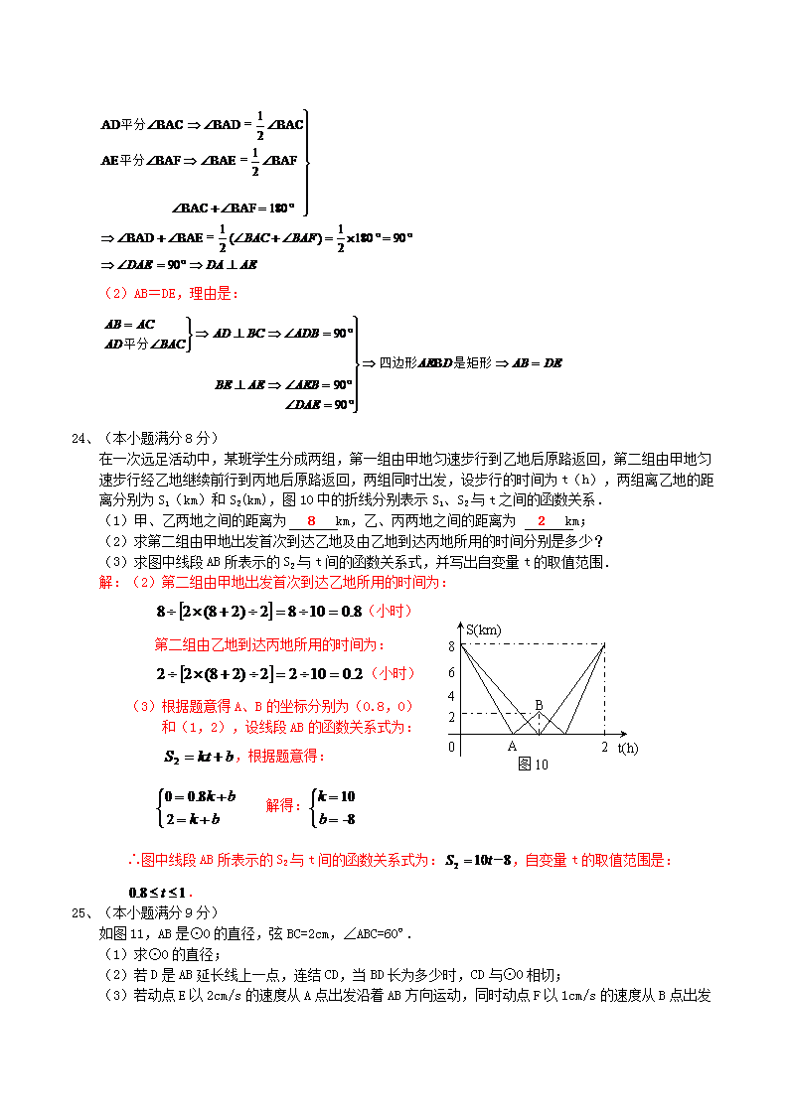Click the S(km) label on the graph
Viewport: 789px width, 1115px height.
(483, 629)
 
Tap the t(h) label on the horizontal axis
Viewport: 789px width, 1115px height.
(628, 747)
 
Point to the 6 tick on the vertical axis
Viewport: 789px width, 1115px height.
(451, 672)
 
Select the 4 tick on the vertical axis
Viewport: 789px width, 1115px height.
(451, 696)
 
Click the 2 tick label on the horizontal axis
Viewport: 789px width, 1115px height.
(604, 747)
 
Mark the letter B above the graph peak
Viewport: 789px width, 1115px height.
(539, 705)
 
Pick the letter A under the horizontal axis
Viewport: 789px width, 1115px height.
(513, 747)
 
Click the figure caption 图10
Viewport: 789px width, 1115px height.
(533, 765)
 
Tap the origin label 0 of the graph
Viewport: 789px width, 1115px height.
(452, 746)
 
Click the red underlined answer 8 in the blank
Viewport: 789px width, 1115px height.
(311, 521)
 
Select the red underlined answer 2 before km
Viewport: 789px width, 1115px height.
(542, 521)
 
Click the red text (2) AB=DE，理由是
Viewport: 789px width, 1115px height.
(172, 293)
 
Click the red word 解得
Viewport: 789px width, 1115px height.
(283, 806)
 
